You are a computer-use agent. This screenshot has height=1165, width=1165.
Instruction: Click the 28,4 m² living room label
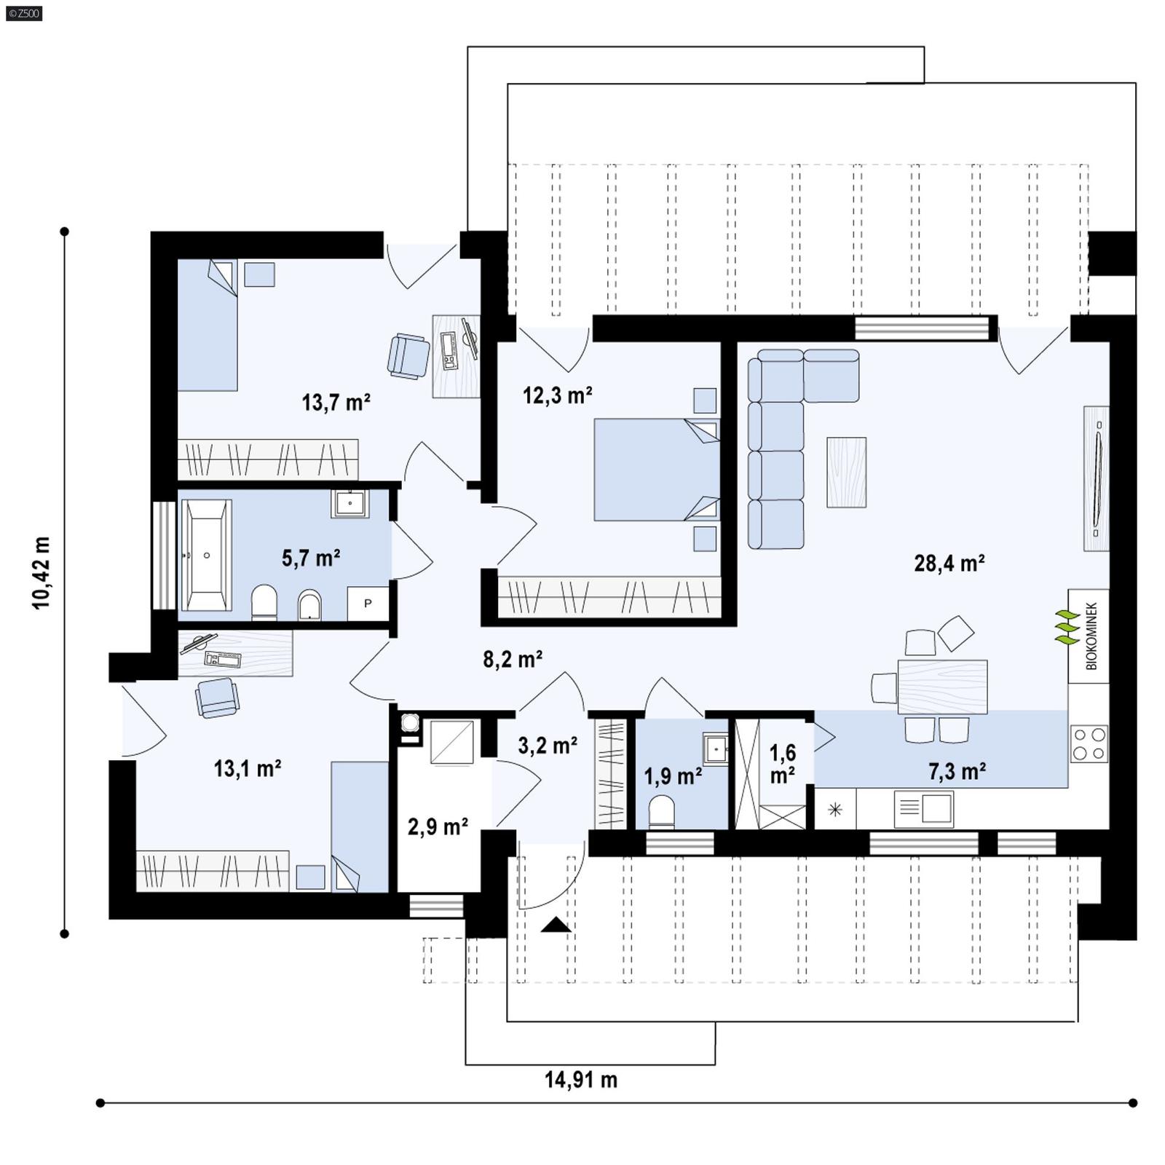click(x=949, y=563)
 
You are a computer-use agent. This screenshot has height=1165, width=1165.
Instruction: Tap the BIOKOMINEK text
click(x=1091, y=636)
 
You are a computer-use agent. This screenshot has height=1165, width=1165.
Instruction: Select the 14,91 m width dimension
click(x=581, y=1080)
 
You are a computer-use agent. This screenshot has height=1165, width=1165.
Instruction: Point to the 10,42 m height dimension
click(x=42, y=573)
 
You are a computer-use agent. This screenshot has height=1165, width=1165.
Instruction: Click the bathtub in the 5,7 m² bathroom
click(x=206, y=555)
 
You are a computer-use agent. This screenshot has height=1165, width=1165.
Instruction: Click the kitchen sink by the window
click(x=925, y=808)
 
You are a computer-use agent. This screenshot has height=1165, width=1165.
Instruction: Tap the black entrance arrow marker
click(x=556, y=925)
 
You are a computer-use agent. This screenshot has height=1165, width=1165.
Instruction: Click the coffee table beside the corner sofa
click(x=846, y=472)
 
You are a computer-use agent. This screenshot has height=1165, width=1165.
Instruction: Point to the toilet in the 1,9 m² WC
click(x=661, y=812)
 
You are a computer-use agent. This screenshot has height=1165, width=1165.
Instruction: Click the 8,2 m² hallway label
click(x=513, y=659)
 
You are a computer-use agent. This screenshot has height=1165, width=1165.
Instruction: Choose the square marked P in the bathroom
click(x=368, y=603)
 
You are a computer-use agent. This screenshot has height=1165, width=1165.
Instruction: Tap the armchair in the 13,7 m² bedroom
click(x=408, y=355)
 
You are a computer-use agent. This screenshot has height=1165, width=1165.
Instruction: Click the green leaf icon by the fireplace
click(x=1067, y=628)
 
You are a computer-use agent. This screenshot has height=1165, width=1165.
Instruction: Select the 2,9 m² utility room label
click(x=438, y=826)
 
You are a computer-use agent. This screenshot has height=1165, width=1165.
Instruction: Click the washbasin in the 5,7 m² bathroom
click(x=350, y=502)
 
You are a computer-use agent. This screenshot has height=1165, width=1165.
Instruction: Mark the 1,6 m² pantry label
click(x=783, y=763)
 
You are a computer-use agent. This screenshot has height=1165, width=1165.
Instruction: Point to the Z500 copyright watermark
click(x=23, y=12)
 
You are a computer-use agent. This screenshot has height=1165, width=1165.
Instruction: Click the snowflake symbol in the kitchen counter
click(x=835, y=809)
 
